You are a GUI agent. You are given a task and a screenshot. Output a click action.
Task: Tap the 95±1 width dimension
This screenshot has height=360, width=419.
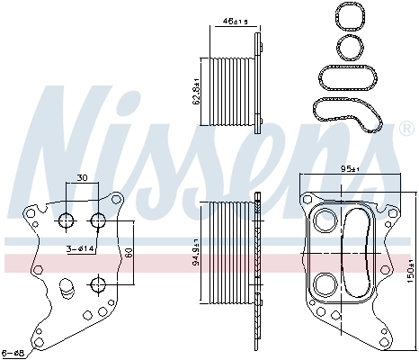pos(349,168)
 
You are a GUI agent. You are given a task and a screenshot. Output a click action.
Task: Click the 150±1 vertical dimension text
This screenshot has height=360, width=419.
pos(409,267)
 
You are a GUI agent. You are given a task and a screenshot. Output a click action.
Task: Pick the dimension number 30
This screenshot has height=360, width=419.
pos(82,177)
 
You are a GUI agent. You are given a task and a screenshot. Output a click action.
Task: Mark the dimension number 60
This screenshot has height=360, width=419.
pos(129,253)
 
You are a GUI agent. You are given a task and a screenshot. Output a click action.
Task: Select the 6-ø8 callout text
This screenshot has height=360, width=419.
pos(13,351)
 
